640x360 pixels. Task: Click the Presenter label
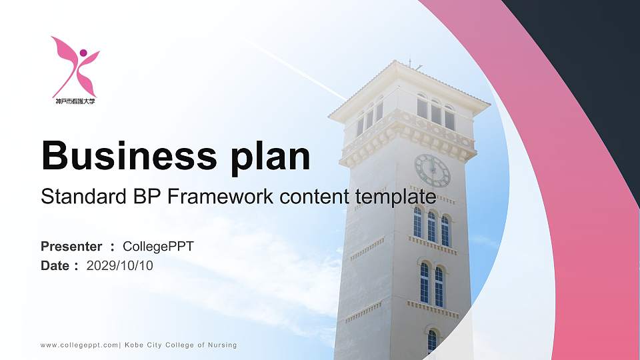[x=71, y=247]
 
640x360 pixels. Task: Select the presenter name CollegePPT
[x=158, y=247]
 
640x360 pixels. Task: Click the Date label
[x=55, y=266]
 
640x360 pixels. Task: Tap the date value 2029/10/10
[x=120, y=266]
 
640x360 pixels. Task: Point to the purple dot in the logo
[x=83, y=53]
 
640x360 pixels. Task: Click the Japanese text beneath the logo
[x=75, y=102]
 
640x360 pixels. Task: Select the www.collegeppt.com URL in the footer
[x=79, y=345]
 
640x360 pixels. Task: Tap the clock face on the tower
[x=432, y=170]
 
